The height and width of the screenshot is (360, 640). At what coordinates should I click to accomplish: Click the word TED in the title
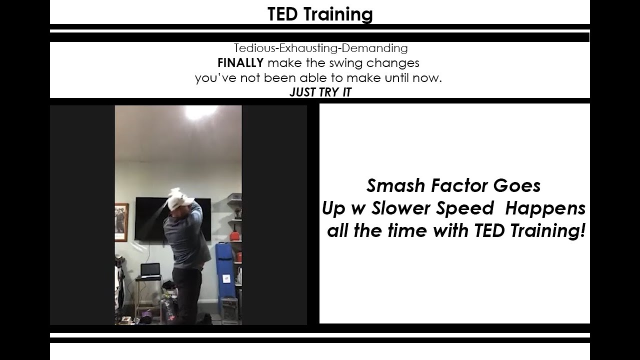pos(282,14)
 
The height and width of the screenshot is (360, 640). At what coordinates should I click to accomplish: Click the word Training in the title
pos(338,15)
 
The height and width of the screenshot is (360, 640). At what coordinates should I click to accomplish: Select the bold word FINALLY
pos(240,63)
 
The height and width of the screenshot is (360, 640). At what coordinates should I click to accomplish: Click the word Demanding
pos(374,48)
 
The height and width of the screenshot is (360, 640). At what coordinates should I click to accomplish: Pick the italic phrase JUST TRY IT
pos(320,92)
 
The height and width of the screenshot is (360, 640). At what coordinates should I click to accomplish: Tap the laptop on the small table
pos(150,270)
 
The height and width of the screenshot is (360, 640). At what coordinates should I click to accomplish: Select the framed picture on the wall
pos(121,222)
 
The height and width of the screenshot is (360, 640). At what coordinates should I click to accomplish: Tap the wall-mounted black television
pos(173,219)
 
